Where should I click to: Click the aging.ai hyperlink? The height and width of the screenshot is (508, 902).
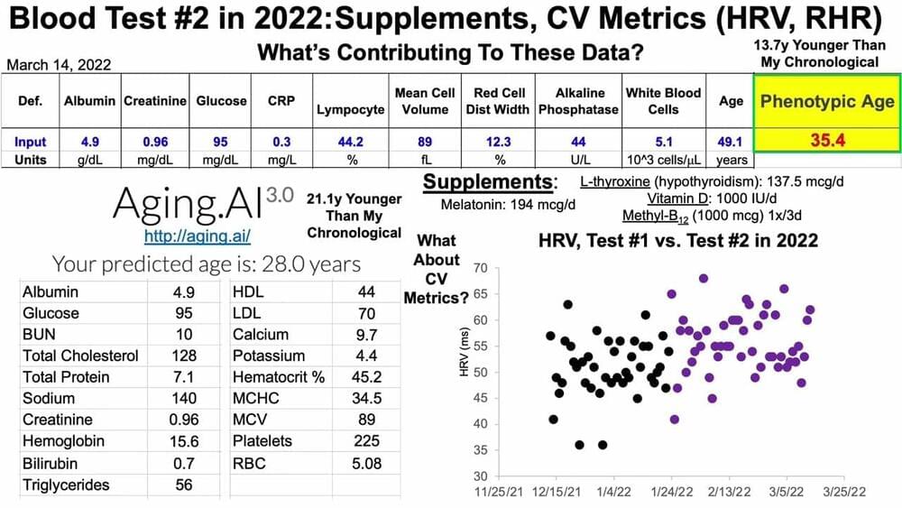197,236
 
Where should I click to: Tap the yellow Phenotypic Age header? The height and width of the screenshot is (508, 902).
826,101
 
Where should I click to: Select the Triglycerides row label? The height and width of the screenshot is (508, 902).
66,485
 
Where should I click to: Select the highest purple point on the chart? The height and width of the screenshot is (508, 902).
704,278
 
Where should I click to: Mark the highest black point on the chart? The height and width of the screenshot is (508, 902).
567,304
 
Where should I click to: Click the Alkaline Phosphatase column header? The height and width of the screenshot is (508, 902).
577,101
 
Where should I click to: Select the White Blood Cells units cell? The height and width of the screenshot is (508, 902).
663,159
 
